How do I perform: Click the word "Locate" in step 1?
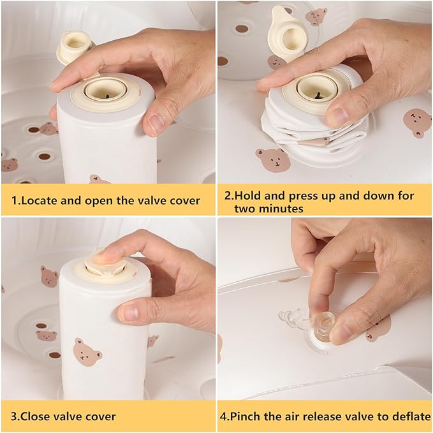tap(39, 200)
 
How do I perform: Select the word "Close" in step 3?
tap(36, 416)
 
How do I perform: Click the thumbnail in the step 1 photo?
tap(155, 124)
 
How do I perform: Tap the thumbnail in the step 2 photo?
tap(337, 117)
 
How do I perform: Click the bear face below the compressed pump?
tap(273, 160)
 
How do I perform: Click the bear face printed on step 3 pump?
tap(87, 352)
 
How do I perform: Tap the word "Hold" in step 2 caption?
tap(247, 196)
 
